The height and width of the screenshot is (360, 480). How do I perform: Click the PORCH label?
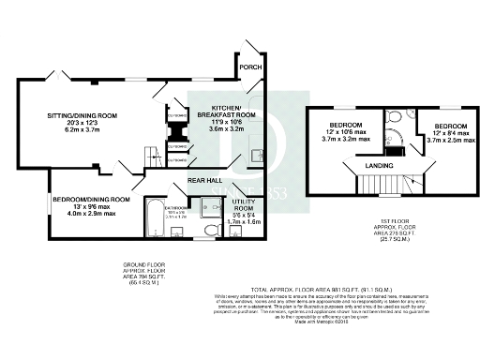click(x=249, y=67)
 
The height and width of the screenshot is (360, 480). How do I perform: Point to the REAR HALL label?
click(x=203, y=179)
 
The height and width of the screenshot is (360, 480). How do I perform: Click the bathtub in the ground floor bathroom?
click(x=156, y=222)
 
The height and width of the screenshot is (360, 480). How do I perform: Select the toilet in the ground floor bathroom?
click(x=210, y=226)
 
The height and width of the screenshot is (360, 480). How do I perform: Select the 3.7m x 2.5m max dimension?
click(x=447, y=139)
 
